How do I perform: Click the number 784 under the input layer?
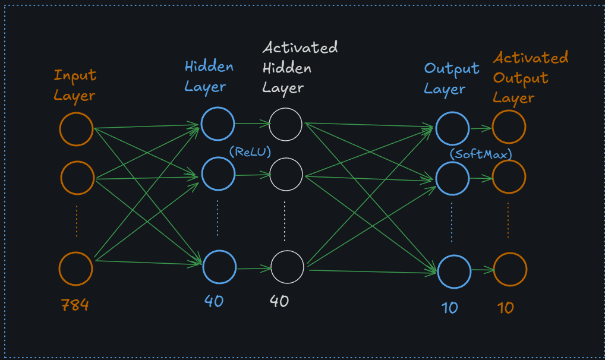pos(75,305)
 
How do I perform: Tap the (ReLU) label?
pos(250,151)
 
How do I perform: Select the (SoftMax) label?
pos(481,154)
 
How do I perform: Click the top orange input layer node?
pos(76,129)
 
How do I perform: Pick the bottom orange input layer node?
pos(76,269)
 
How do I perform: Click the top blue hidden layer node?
pos(218,123)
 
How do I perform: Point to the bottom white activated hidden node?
pos(287,267)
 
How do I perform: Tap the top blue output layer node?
pos(453,128)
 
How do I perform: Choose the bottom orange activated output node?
pos(510,269)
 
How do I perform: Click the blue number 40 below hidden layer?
pos(214,301)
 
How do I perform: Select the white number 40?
pos(279,301)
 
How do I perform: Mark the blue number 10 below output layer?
pos(449,308)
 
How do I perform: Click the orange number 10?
pos(505,307)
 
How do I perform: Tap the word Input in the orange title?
pos(75,76)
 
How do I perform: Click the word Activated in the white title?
pos(300,48)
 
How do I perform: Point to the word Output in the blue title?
pos(452,69)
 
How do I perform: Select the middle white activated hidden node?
pos(286,174)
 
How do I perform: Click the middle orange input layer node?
pos(77,177)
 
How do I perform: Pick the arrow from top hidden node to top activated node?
pos(252,124)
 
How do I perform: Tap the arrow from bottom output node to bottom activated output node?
pos(482,270)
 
